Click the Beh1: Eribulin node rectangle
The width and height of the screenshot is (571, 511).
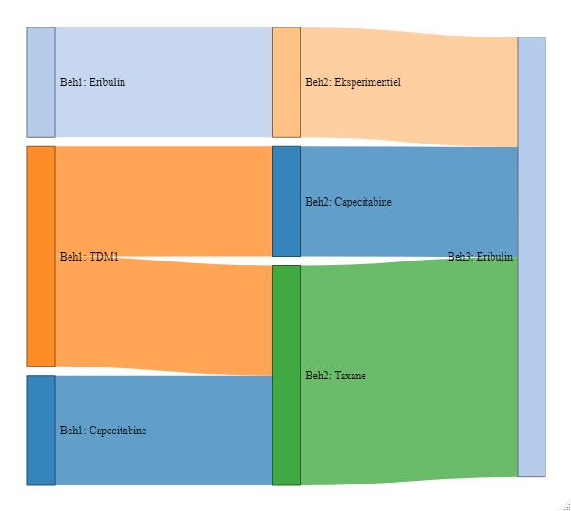click(41, 82)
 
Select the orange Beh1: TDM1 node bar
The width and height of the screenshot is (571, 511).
click(41, 256)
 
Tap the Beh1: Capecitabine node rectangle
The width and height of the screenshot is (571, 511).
click(41, 430)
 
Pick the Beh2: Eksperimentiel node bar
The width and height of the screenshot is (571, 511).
click(286, 82)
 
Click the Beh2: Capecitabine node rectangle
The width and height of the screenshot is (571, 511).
click(286, 201)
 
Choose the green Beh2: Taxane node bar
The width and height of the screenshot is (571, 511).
click(286, 375)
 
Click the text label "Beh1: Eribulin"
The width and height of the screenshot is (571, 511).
click(93, 82)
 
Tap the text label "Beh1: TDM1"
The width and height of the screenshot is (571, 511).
click(90, 257)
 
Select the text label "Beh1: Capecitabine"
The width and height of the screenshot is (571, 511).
click(103, 431)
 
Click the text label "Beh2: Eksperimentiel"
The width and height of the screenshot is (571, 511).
click(353, 82)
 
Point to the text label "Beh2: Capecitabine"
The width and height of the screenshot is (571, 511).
click(348, 202)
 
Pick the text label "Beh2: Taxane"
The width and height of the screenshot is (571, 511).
click(335, 376)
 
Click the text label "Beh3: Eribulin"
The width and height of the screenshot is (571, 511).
click(480, 257)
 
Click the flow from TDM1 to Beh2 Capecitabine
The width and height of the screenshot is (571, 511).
click(164, 201)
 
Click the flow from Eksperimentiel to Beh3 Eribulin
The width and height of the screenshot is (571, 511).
click(411, 110)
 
